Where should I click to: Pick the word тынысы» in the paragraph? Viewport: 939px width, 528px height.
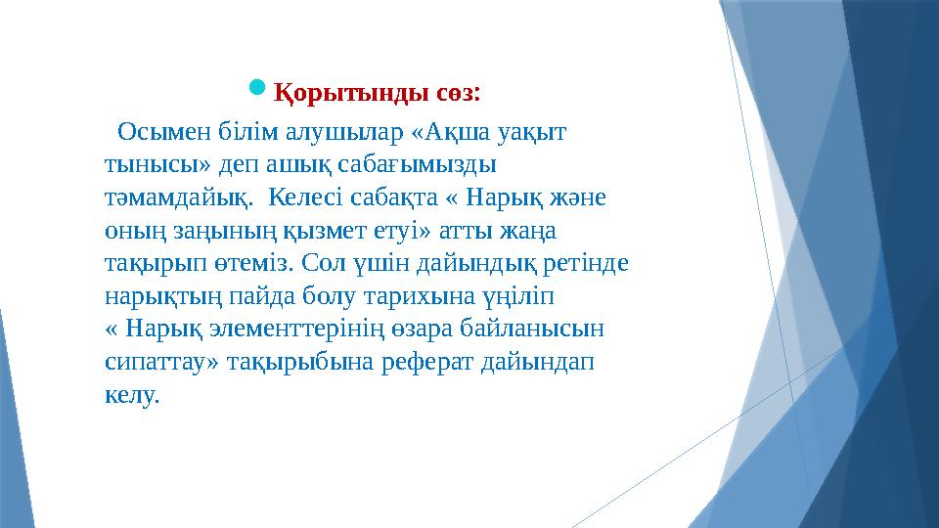tap(153, 163)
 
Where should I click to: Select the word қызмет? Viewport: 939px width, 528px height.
tap(311, 230)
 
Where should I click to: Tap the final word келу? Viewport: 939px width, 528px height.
tap(130, 396)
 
